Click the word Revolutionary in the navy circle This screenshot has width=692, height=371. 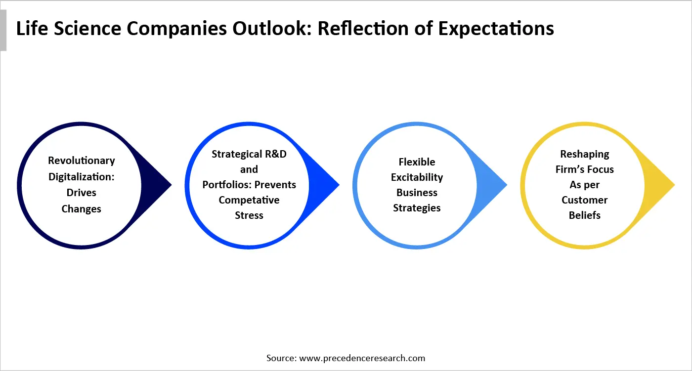(82, 161)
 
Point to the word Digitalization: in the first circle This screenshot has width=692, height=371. (82, 176)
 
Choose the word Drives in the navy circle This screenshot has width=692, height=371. (82, 193)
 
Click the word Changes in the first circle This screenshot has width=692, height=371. (82, 209)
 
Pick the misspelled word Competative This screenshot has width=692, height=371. (249, 200)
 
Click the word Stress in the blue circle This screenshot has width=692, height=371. (249, 215)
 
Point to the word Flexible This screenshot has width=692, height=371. (417, 162)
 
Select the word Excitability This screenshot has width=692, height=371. (417, 177)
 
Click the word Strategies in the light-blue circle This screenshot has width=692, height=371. (417, 208)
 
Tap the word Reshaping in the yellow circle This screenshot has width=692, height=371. (585, 154)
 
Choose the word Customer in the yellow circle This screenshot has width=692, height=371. (585, 200)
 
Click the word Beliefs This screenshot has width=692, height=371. (585, 215)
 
